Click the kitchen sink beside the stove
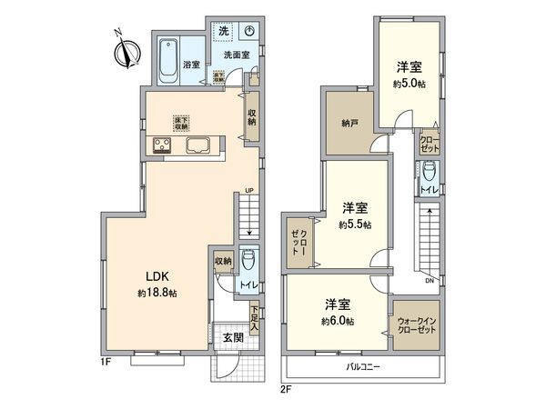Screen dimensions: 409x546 tap(200, 146)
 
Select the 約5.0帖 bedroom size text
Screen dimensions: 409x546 tap(408, 82)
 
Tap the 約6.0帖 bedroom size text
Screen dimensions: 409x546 tap(337, 321)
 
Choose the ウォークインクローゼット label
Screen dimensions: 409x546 tap(416, 325)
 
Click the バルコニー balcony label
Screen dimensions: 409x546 tap(363, 368)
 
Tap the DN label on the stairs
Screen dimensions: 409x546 tap(427, 281)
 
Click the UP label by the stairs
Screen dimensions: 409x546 tap(248, 189)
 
